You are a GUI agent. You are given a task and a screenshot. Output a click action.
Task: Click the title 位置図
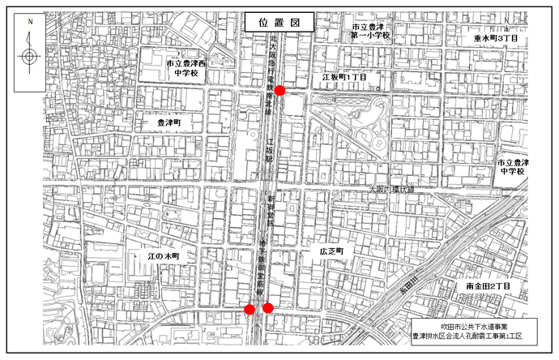pos(278,23)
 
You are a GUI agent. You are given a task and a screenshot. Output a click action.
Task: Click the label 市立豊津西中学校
pos(186,67)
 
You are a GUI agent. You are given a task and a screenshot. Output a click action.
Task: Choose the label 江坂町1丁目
pos(344,76)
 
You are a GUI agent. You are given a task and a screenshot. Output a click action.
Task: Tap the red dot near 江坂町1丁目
pos(279,90)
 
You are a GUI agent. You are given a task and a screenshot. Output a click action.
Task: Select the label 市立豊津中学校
pos(512,168)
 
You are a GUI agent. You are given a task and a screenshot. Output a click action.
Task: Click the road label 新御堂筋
pos(272,212)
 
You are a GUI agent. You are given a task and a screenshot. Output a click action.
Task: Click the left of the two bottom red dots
pos(250,309)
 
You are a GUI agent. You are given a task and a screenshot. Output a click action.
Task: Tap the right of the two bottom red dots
pos(267,307)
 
